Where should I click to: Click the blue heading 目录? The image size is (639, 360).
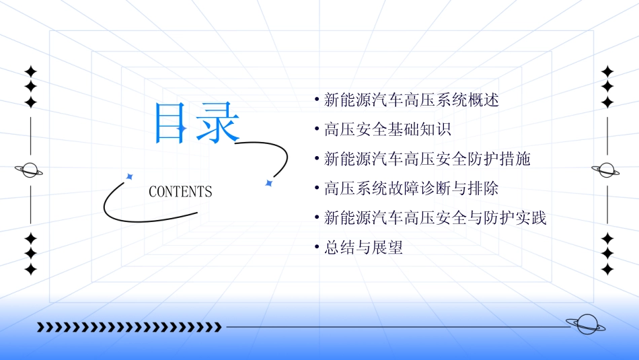click(x=196, y=123)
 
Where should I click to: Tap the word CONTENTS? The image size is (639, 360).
click(x=180, y=192)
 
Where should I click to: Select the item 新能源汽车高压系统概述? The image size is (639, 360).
click(x=411, y=100)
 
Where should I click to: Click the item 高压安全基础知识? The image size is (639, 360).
click(x=387, y=130)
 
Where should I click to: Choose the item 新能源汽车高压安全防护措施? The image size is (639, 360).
click(x=427, y=159)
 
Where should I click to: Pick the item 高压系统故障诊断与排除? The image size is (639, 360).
click(x=411, y=188)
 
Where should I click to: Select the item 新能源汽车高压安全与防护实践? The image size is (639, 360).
click(x=435, y=218)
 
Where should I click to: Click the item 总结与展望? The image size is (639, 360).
click(x=363, y=248)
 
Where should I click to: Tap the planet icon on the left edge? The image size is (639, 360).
click(x=29, y=170)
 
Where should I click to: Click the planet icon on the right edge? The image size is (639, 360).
click(x=607, y=170)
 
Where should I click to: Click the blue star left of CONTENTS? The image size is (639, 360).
click(x=129, y=176)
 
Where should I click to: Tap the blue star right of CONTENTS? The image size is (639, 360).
click(x=268, y=182)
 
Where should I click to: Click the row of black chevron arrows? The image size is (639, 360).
click(x=129, y=327)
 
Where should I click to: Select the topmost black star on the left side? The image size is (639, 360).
click(x=30, y=71)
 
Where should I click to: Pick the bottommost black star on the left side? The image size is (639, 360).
click(x=30, y=269)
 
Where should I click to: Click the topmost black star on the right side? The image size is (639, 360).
click(x=608, y=71)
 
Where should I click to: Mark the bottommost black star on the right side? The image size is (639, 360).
click(x=608, y=269)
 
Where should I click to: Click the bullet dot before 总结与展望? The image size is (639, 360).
click(x=317, y=248)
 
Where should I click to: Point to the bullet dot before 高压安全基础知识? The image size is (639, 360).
click(x=317, y=130)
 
